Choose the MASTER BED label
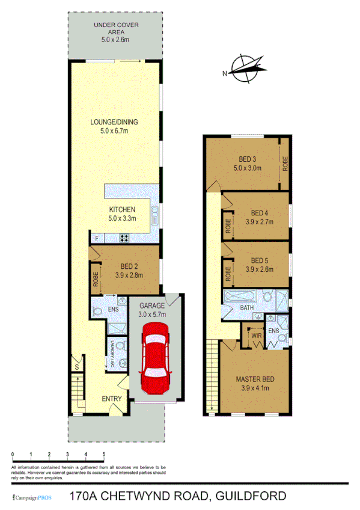click(255, 379)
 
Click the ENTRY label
click(112, 398)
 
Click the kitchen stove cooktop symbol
click(124, 238)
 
